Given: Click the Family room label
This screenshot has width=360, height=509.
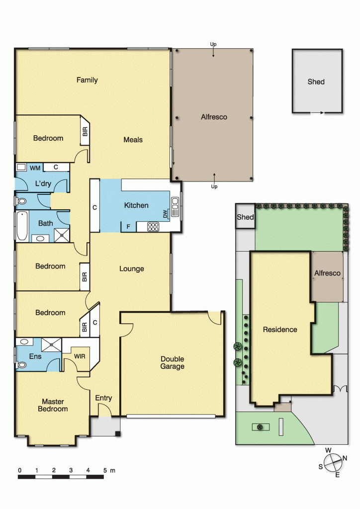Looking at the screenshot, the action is coord(87,80).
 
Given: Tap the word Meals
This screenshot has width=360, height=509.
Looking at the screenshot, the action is coord(133,140).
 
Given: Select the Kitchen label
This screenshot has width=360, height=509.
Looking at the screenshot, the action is coord(136,205).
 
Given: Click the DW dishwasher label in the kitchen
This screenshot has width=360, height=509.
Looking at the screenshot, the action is coord(165,214).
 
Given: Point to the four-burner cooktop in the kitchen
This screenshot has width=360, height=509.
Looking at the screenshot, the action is coord(153,227).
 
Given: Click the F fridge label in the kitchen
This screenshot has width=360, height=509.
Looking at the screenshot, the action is coord(128,227).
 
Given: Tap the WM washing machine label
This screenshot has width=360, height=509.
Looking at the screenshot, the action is coord(35,168).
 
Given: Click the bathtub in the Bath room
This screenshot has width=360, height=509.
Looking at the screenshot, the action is coord(22,226).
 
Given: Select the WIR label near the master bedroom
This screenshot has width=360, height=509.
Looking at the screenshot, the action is coord(80,356).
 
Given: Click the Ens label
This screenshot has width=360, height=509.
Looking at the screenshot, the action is coord(35,356).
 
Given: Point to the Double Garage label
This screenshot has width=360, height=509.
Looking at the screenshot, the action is coord(173,362).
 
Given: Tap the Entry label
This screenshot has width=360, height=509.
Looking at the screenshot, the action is coord(103,398).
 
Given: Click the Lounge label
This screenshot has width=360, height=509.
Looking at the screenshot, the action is coord(131,269).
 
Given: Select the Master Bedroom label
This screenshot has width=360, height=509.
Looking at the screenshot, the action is coord(53,406).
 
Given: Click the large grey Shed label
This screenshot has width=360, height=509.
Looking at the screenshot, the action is coord(316,82).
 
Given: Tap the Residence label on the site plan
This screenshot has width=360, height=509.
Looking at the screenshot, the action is coord(280,330).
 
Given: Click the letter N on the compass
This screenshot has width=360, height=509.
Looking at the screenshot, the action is coord(345,458).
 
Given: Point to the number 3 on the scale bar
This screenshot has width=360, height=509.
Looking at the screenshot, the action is coord(71,470).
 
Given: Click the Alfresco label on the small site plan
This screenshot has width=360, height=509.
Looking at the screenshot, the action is coord(327,273).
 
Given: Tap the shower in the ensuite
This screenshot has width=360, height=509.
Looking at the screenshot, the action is coord(52,345).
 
